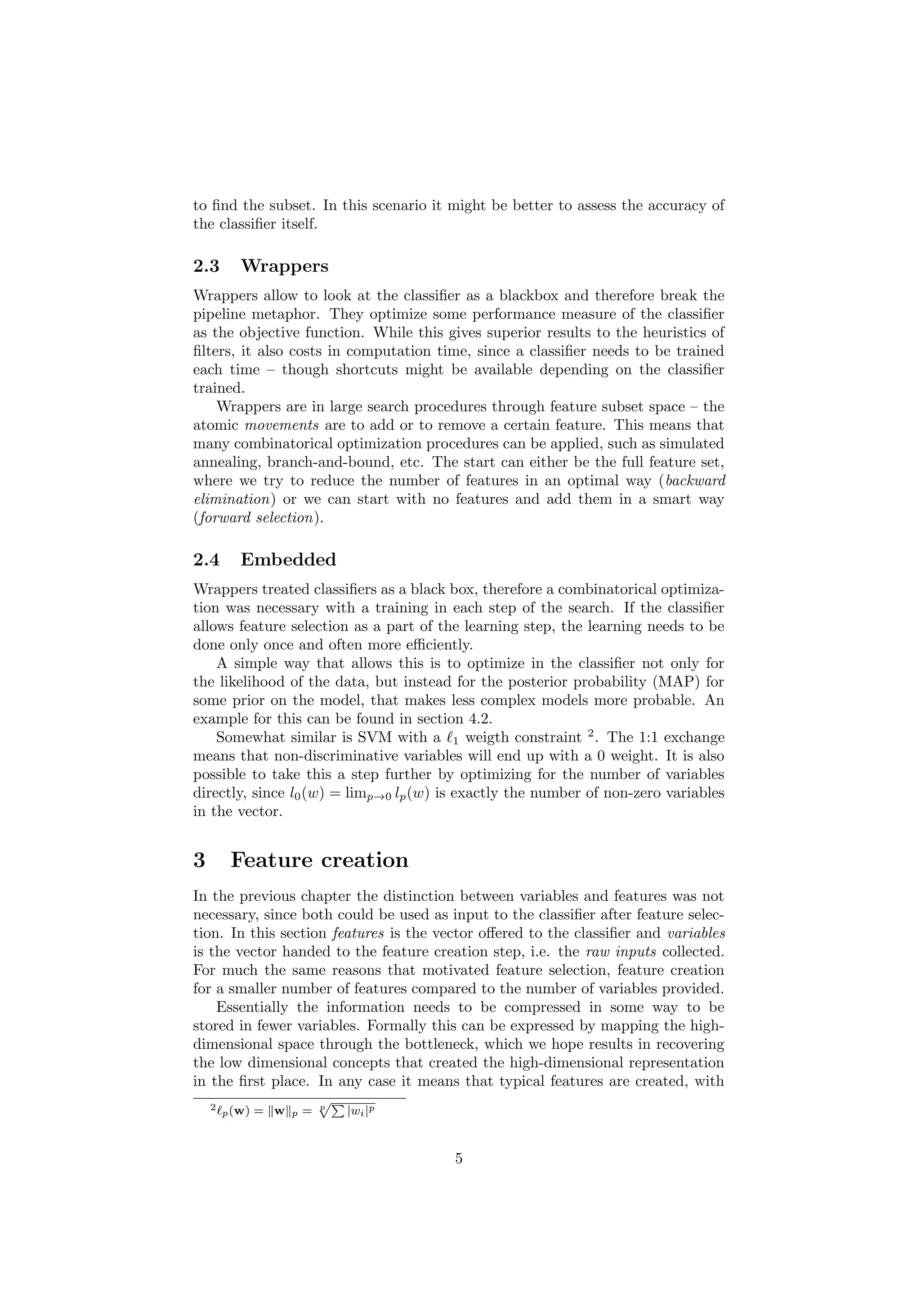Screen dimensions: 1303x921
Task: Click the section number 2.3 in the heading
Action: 206,266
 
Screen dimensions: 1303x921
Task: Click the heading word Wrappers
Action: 284,266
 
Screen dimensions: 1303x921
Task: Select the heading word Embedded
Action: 288,560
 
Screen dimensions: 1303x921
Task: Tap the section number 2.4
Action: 206,560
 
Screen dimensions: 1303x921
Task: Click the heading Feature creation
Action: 319,860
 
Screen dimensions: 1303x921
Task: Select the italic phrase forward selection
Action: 257,518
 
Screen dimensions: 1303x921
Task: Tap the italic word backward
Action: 695,481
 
